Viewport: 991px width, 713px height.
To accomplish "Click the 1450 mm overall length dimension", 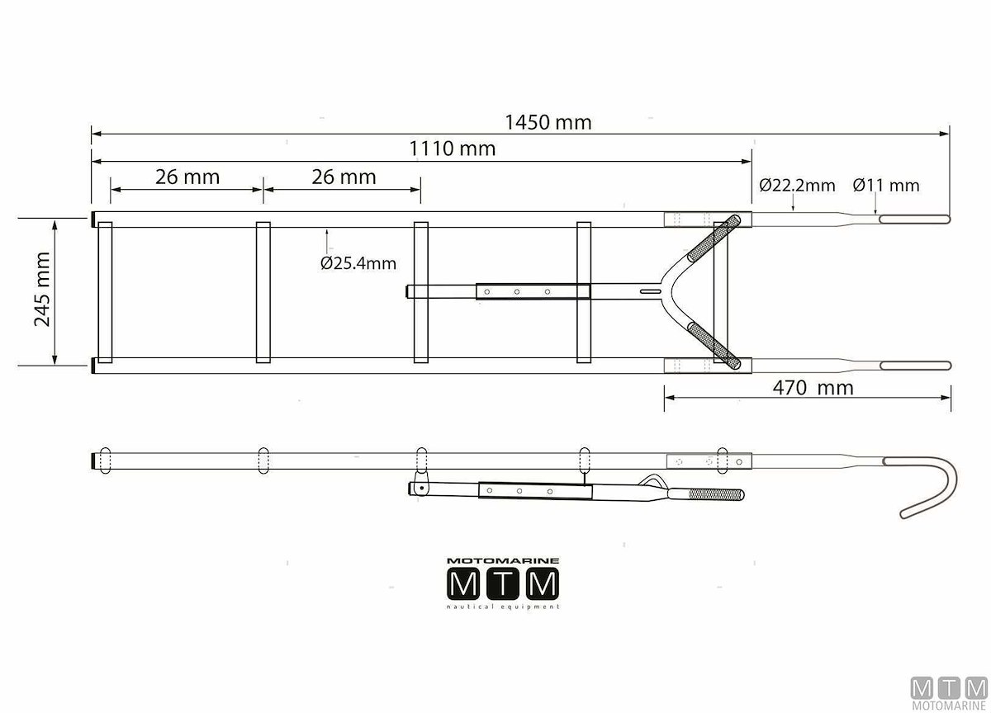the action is tap(548, 122).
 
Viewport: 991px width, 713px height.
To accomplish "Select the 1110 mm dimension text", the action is tap(453, 149).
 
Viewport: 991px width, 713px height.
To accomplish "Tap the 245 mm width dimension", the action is tap(42, 289).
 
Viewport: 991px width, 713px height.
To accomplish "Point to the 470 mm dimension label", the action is tap(813, 388).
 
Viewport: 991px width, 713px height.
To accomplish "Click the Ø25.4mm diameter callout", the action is tap(358, 263).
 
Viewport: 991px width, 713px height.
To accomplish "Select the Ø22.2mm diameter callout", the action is tap(797, 185).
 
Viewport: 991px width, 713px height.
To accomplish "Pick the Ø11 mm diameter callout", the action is tap(886, 185).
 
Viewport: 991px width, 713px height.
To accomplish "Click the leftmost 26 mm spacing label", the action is tap(187, 177).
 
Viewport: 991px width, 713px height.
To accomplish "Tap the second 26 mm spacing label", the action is tap(344, 177).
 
